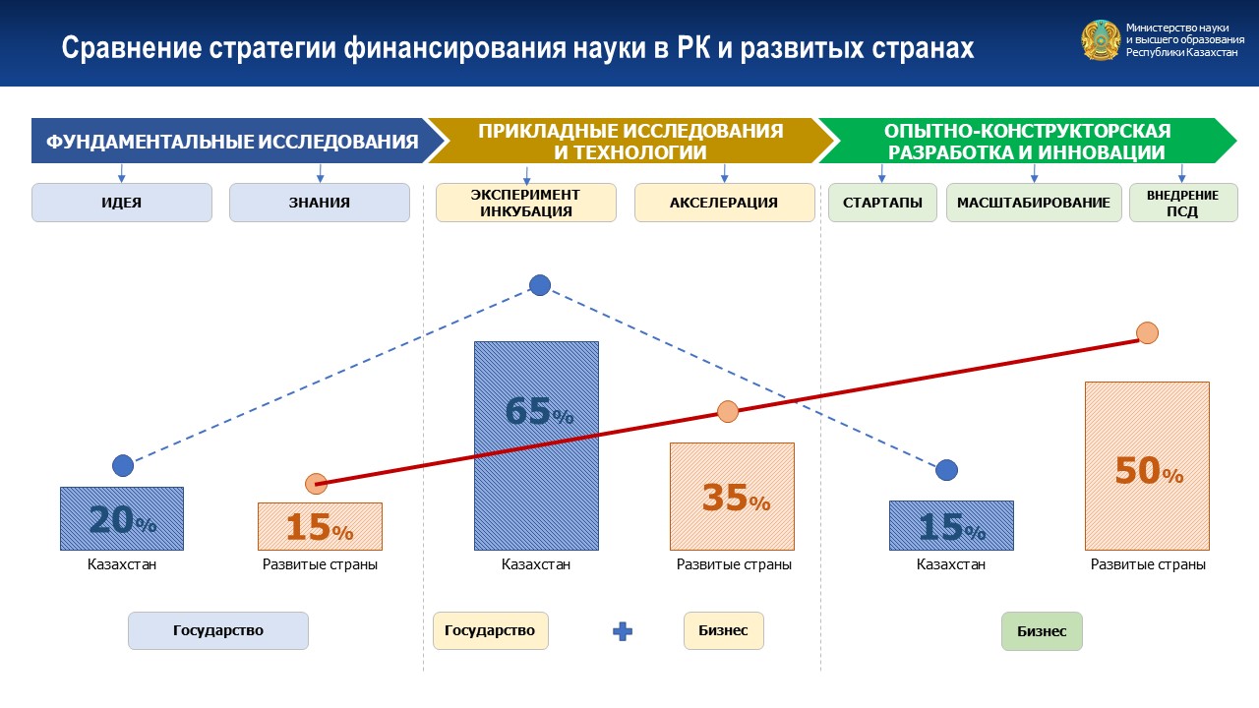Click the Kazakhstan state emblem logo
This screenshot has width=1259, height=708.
pyautogui.click(x=1101, y=40)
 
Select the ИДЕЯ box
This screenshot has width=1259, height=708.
pyautogui.click(x=122, y=203)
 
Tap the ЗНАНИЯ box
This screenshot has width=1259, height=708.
pyautogui.click(x=320, y=203)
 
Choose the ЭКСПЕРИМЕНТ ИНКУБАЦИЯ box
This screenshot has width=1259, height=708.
pyautogui.click(x=526, y=203)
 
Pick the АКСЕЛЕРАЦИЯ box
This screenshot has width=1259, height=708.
pyautogui.click(x=725, y=203)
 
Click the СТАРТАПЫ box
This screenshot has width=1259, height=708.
pyautogui.click(x=882, y=203)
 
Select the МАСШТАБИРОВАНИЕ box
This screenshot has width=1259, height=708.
pyautogui.click(x=1034, y=203)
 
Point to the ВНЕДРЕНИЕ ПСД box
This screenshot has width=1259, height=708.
pyautogui.click(x=1183, y=203)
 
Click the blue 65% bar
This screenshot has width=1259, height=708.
pyautogui.click(x=536, y=445)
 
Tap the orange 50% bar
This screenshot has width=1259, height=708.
pyautogui.click(x=1147, y=466)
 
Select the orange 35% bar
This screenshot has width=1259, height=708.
pyautogui.click(x=732, y=497)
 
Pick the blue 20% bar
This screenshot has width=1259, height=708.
pyautogui.click(x=122, y=518)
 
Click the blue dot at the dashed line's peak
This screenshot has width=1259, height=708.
pyautogui.click(x=540, y=285)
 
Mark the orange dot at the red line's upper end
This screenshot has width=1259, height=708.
pyautogui.click(x=1147, y=333)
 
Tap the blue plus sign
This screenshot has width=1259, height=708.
pyautogui.click(x=623, y=631)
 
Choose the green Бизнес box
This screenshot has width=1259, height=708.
pyautogui.click(x=1042, y=631)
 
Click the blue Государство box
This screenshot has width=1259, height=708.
pyautogui.click(x=218, y=630)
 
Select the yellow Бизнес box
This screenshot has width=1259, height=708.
pyautogui.click(x=723, y=630)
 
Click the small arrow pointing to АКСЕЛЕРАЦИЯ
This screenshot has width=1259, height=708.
pyautogui.click(x=725, y=174)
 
